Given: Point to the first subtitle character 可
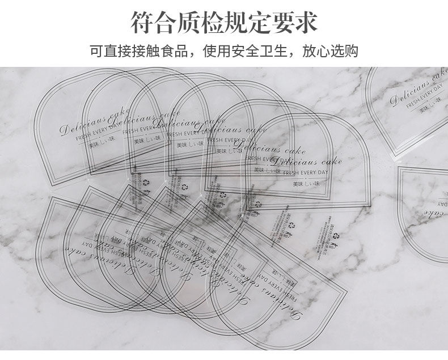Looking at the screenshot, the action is (96, 50).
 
